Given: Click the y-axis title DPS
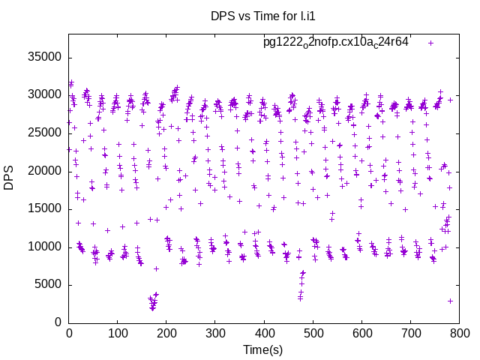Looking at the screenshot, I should coord(9,178).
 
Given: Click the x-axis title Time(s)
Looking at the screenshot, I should coord(263,349).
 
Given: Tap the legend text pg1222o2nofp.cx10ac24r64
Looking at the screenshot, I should coord(336,42).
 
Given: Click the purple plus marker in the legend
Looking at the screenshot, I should coord(430,43).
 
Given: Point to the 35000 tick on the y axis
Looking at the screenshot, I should coord(45,58).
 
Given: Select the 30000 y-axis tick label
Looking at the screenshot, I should coord(45,95).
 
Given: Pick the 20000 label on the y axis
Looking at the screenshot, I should coord(45,171).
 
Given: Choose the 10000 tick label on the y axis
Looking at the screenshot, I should coord(45,247).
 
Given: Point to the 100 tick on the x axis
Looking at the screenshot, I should coord(118,332).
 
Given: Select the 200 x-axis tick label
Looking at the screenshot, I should coord(166,332).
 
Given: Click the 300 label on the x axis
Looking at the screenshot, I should coord(215,332).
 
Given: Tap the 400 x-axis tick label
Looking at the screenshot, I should coord(264,332).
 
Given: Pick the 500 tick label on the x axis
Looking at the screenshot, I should coord(313,332).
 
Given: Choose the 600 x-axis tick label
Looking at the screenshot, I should coord(361,332).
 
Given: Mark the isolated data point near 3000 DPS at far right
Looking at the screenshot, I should coord(450,301).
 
